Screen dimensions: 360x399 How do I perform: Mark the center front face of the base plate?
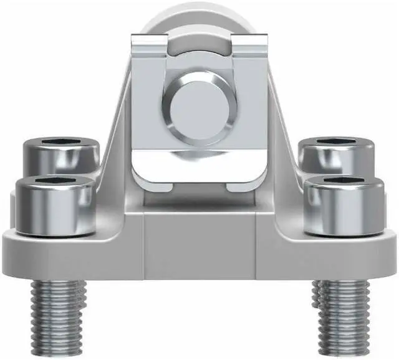[x=198, y=249]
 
